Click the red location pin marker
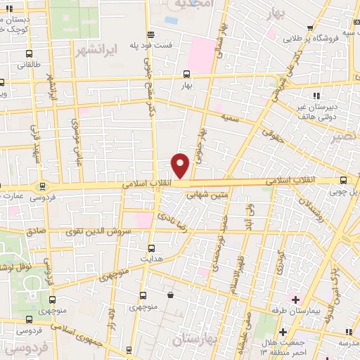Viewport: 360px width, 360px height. pos(181,166)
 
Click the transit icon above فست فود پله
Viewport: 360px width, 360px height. pos(150,34)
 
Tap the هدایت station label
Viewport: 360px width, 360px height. pos(152,258)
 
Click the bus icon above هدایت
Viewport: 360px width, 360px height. pos(151,247)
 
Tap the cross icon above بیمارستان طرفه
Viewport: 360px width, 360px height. pos(283,331)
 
